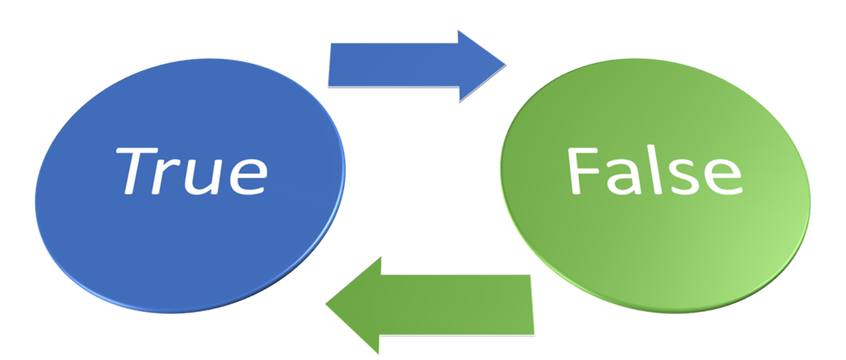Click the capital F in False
583,171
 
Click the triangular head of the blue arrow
478,65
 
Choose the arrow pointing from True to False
415,65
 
